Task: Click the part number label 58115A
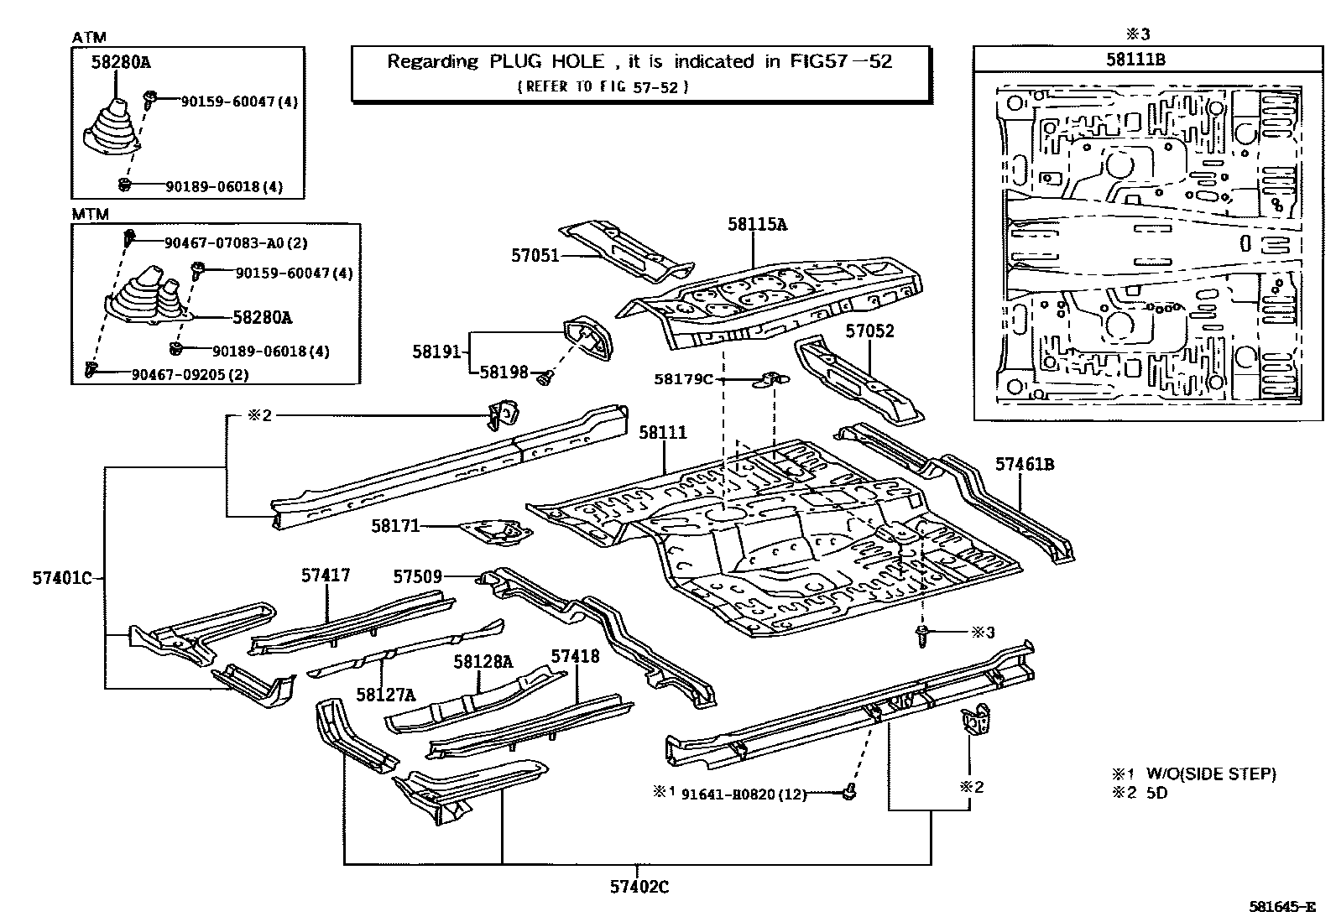click(x=757, y=224)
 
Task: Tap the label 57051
click(x=535, y=255)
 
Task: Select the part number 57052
click(x=869, y=331)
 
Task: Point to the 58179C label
click(x=683, y=379)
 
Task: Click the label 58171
click(x=395, y=526)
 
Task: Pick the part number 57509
click(x=417, y=576)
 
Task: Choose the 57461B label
click(x=1025, y=463)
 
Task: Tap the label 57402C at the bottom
click(x=639, y=886)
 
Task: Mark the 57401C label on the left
click(x=61, y=577)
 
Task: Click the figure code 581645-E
click(x=1281, y=907)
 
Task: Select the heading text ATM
click(x=89, y=38)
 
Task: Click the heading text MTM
click(x=90, y=214)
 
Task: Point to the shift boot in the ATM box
click(x=112, y=133)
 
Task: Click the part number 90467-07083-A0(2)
click(x=236, y=243)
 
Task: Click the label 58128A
click(x=483, y=661)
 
